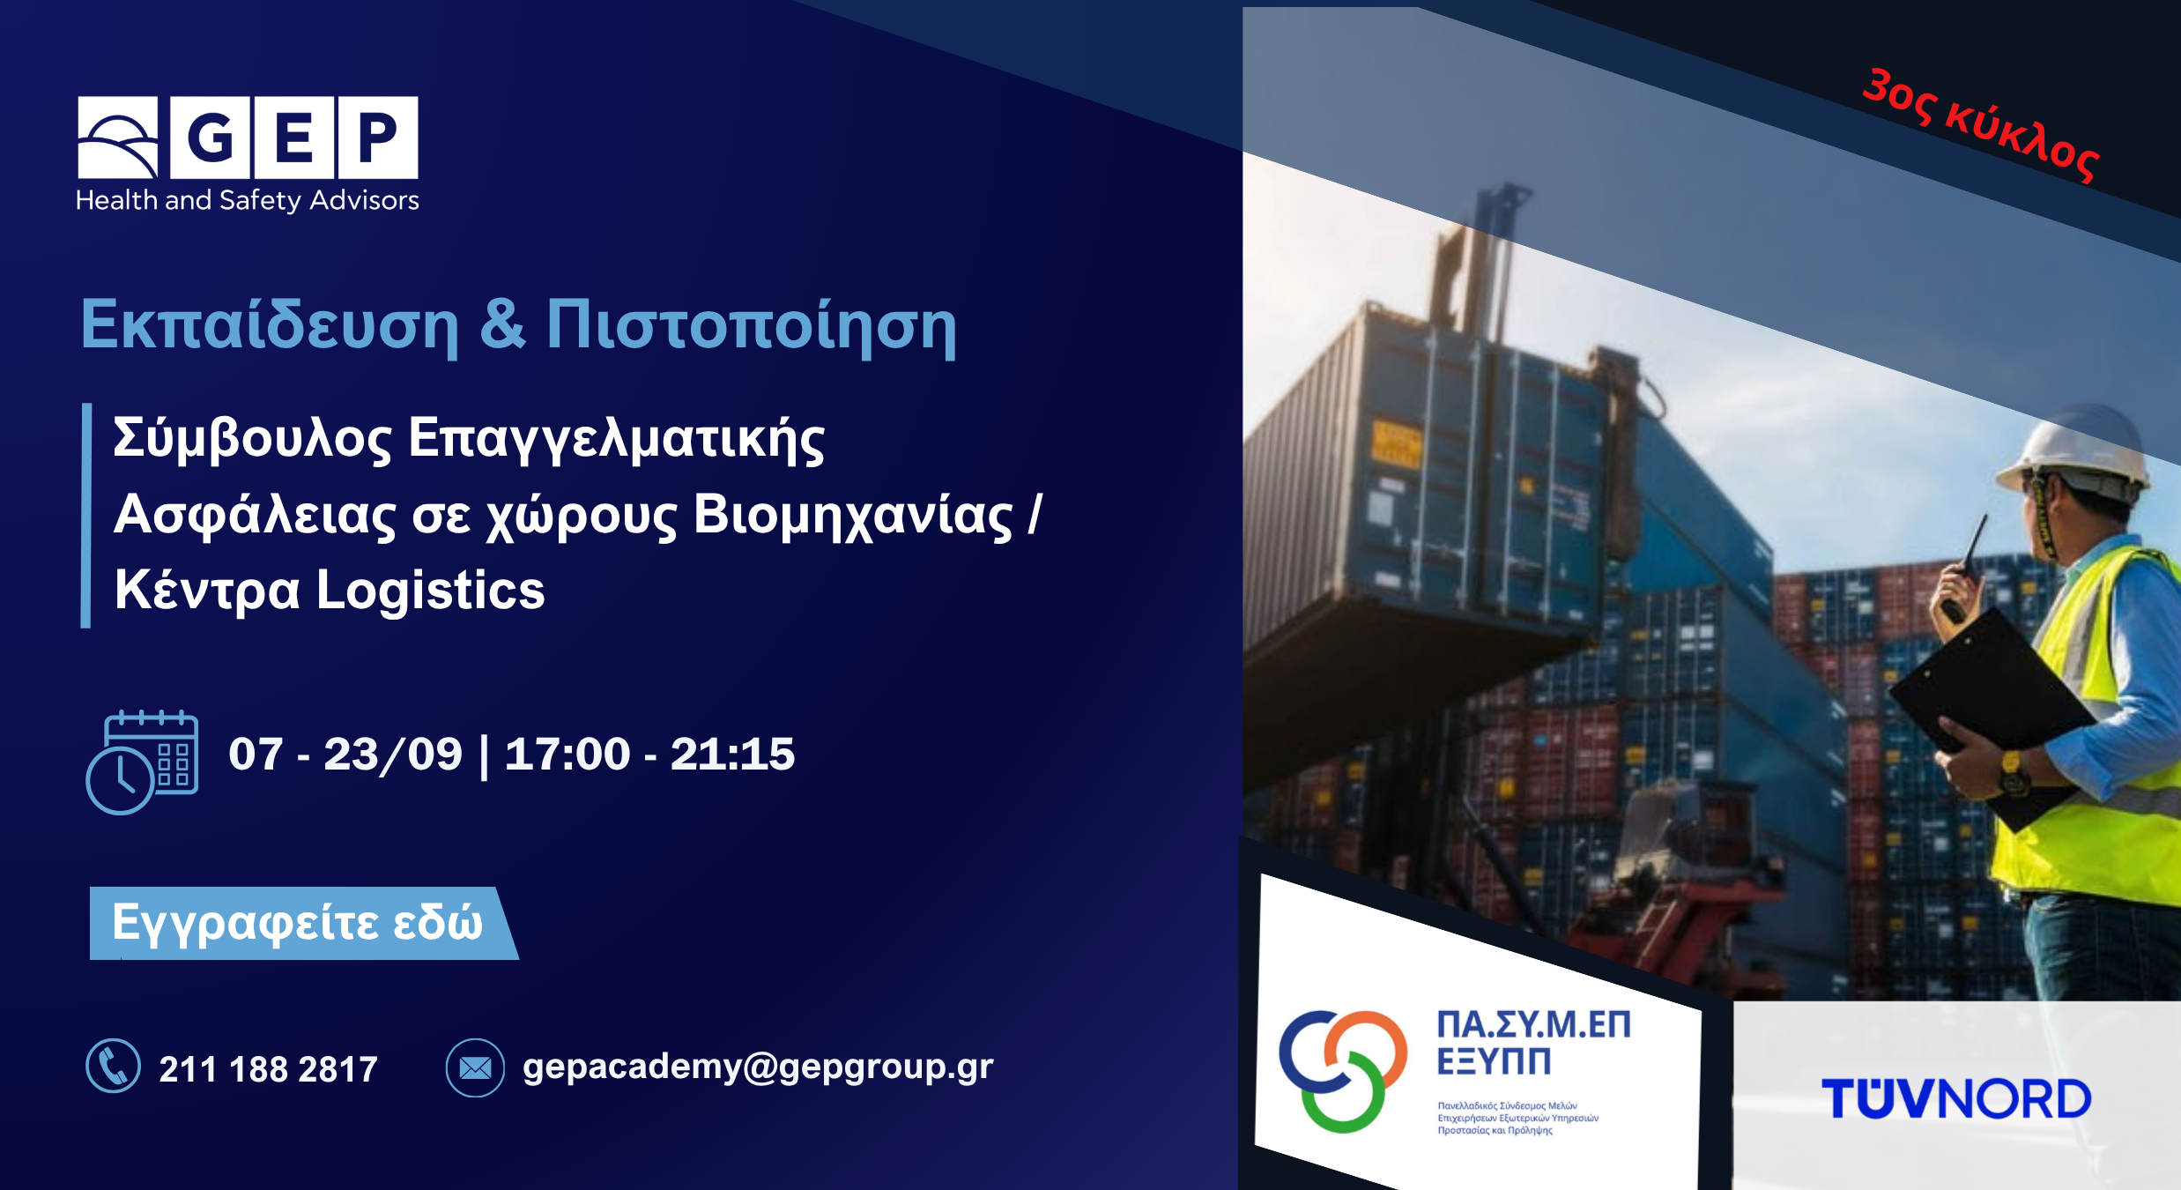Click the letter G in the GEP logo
pos(211,138)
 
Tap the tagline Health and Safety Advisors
pos(248,201)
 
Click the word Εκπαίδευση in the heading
pos(270,324)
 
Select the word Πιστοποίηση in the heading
pos(752,324)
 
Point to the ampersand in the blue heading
pos(503,323)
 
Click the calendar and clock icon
pos(142,762)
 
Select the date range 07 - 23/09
pos(345,755)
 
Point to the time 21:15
pos(732,755)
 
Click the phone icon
pos(114,1066)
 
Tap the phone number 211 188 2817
pos(269,1069)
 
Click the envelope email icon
pos(475,1067)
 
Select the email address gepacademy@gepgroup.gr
pos(758,1067)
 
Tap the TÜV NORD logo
pos(1956,1099)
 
